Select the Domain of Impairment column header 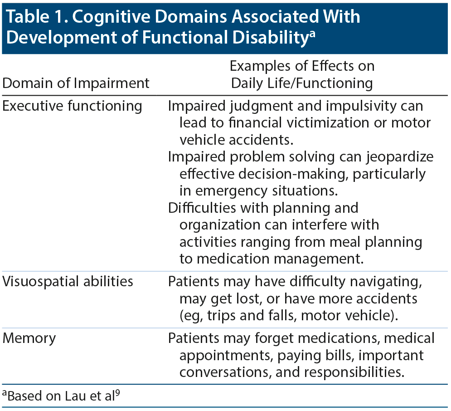click(x=76, y=83)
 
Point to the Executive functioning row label click(x=72, y=106)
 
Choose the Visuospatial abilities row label click(x=68, y=281)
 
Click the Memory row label click(x=29, y=338)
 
